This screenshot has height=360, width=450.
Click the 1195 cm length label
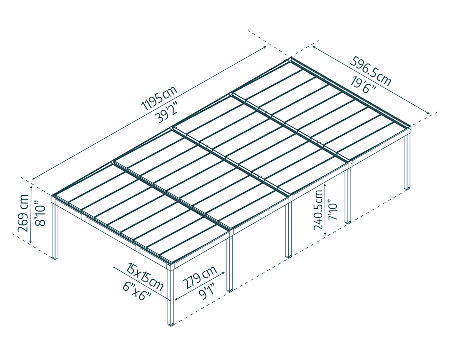[x=159, y=98]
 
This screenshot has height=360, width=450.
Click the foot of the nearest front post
[x=171, y=324]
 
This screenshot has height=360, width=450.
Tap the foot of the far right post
[x=408, y=188]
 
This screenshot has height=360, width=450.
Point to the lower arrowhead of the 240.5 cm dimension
[x=325, y=234]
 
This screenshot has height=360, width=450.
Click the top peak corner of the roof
[x=291, y=59]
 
